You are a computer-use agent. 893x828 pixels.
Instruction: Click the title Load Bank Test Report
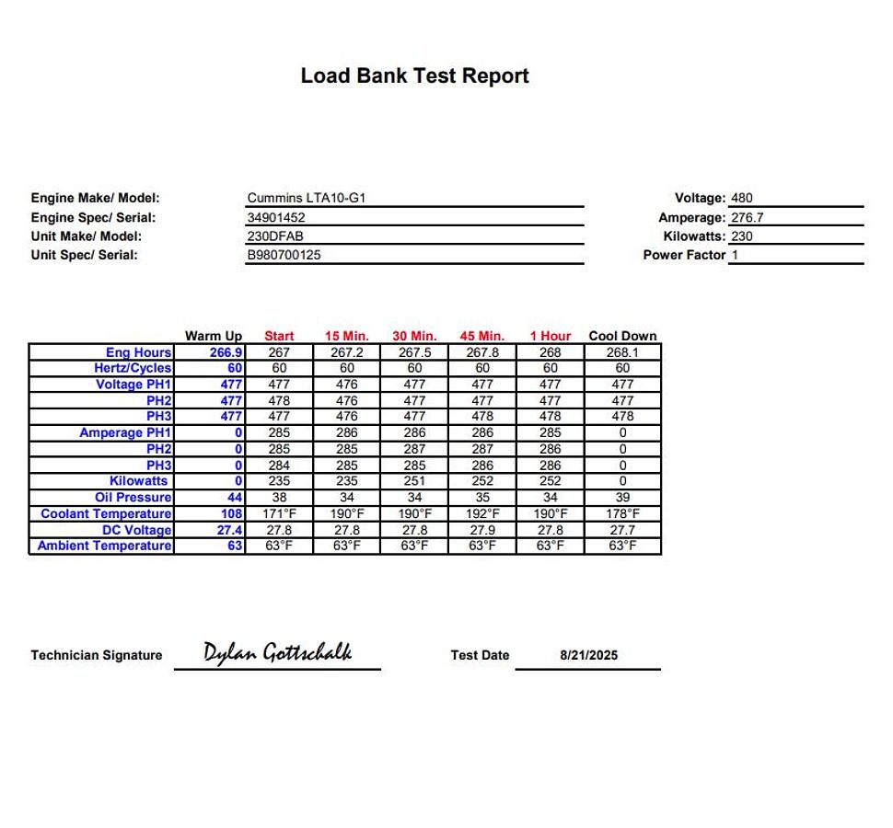pos(414,75)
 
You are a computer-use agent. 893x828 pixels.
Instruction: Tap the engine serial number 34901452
pos(275,218)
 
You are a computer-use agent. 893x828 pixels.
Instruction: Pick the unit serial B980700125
pos(284,256)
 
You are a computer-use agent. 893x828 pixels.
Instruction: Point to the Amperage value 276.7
pos(747,218)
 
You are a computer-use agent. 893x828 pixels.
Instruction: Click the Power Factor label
pos(684,255)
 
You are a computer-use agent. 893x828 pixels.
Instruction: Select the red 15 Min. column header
pos(346,336)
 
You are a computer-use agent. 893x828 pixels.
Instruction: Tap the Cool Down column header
pos(622,336)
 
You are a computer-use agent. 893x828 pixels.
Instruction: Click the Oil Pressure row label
pos(133,498)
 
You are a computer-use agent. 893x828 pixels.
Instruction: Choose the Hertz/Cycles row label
pos(133,368)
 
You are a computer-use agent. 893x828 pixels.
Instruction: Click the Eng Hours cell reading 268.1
pos(622,352)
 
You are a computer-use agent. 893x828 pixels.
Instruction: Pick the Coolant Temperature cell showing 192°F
pos(482,513)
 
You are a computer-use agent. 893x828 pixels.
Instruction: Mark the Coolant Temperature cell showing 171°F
pos(279,513)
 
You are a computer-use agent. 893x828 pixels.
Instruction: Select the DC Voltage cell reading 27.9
pos(482,530)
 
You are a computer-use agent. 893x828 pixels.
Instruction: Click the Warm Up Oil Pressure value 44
pos(235,498)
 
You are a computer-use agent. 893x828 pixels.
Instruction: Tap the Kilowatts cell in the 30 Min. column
pos(414,481)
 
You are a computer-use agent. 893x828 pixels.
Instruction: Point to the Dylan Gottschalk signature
pos(277,653)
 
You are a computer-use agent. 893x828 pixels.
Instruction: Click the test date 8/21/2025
pos(588,656)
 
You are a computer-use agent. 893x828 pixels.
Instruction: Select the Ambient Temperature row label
pos(104,546)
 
